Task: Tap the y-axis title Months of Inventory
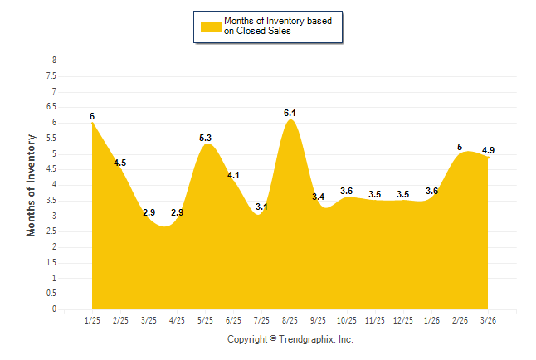point(32,185)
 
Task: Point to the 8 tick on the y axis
point(54,61)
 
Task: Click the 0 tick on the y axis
point(54,309)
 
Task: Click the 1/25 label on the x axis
point(92,320)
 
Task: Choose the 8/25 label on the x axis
point(290,320)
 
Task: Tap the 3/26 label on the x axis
point(488,320)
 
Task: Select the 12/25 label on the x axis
point(403,320)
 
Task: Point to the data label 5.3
point(206,138)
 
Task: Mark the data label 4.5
point(119,163)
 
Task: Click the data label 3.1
point(261,207)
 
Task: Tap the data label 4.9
point(488,150)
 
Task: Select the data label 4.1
point(233,175)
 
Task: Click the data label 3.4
point(318,197)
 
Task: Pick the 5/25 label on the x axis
point(205,320)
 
